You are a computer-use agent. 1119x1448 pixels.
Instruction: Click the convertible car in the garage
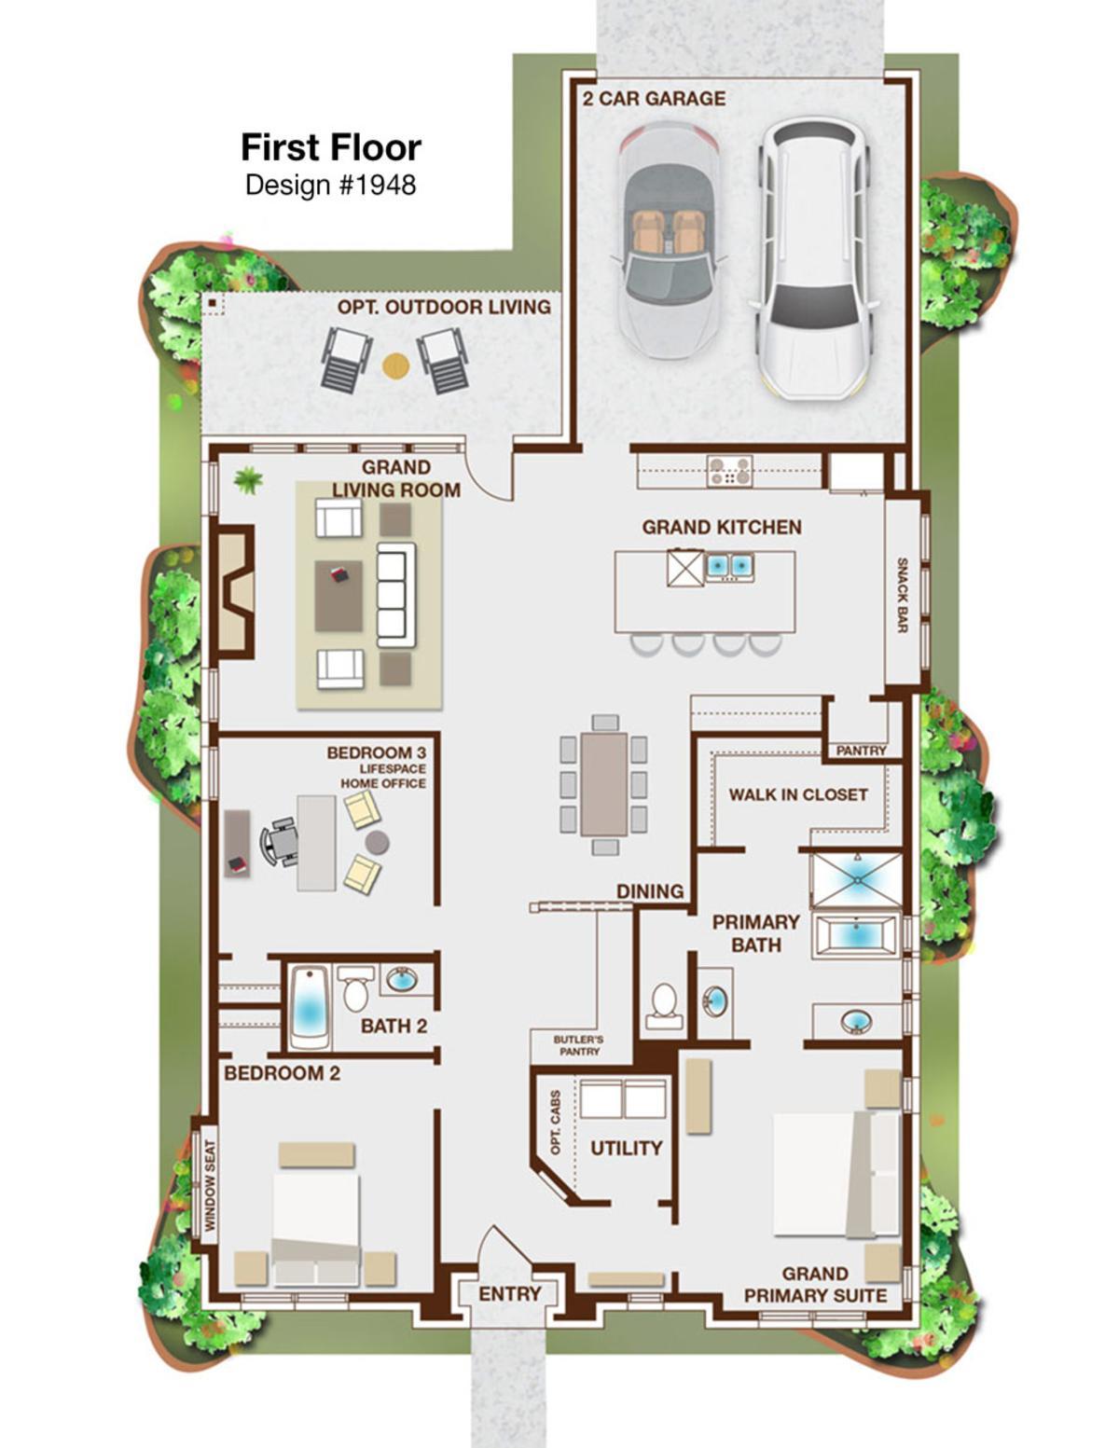click(x=669, y=240)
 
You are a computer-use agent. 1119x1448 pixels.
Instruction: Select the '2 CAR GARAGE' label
click(x=654, y=99)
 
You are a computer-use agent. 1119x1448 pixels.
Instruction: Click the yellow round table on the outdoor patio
click(x=395, y=365)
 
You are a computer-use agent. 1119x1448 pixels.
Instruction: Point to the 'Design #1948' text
click(x=330, y=185)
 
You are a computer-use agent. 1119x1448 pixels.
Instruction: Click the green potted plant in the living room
click(x=248, y=480)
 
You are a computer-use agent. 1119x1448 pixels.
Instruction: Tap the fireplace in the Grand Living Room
click(x=236, y=592)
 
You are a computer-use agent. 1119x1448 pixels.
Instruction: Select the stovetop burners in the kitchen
click(x=729, y=471)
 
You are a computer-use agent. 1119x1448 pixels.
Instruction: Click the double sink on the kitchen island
click(x=729, y=566)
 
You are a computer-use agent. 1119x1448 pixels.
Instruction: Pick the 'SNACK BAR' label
click(x=902, y=595)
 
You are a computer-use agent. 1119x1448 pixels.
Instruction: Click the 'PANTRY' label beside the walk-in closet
click(x=861, y=751)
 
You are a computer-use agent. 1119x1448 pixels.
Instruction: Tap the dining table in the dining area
click(x=603, y=784)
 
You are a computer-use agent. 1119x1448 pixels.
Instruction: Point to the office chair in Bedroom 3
click(x=278, y=842)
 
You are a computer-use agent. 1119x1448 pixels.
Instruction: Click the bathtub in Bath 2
click(x=310, y=1007)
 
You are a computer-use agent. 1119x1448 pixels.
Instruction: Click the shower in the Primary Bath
click(x=856, y=879)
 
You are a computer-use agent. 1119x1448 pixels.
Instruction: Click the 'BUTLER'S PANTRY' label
click(x=578, y=1045)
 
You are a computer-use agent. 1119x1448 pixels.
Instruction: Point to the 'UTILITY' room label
click(x=626, y=1148)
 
